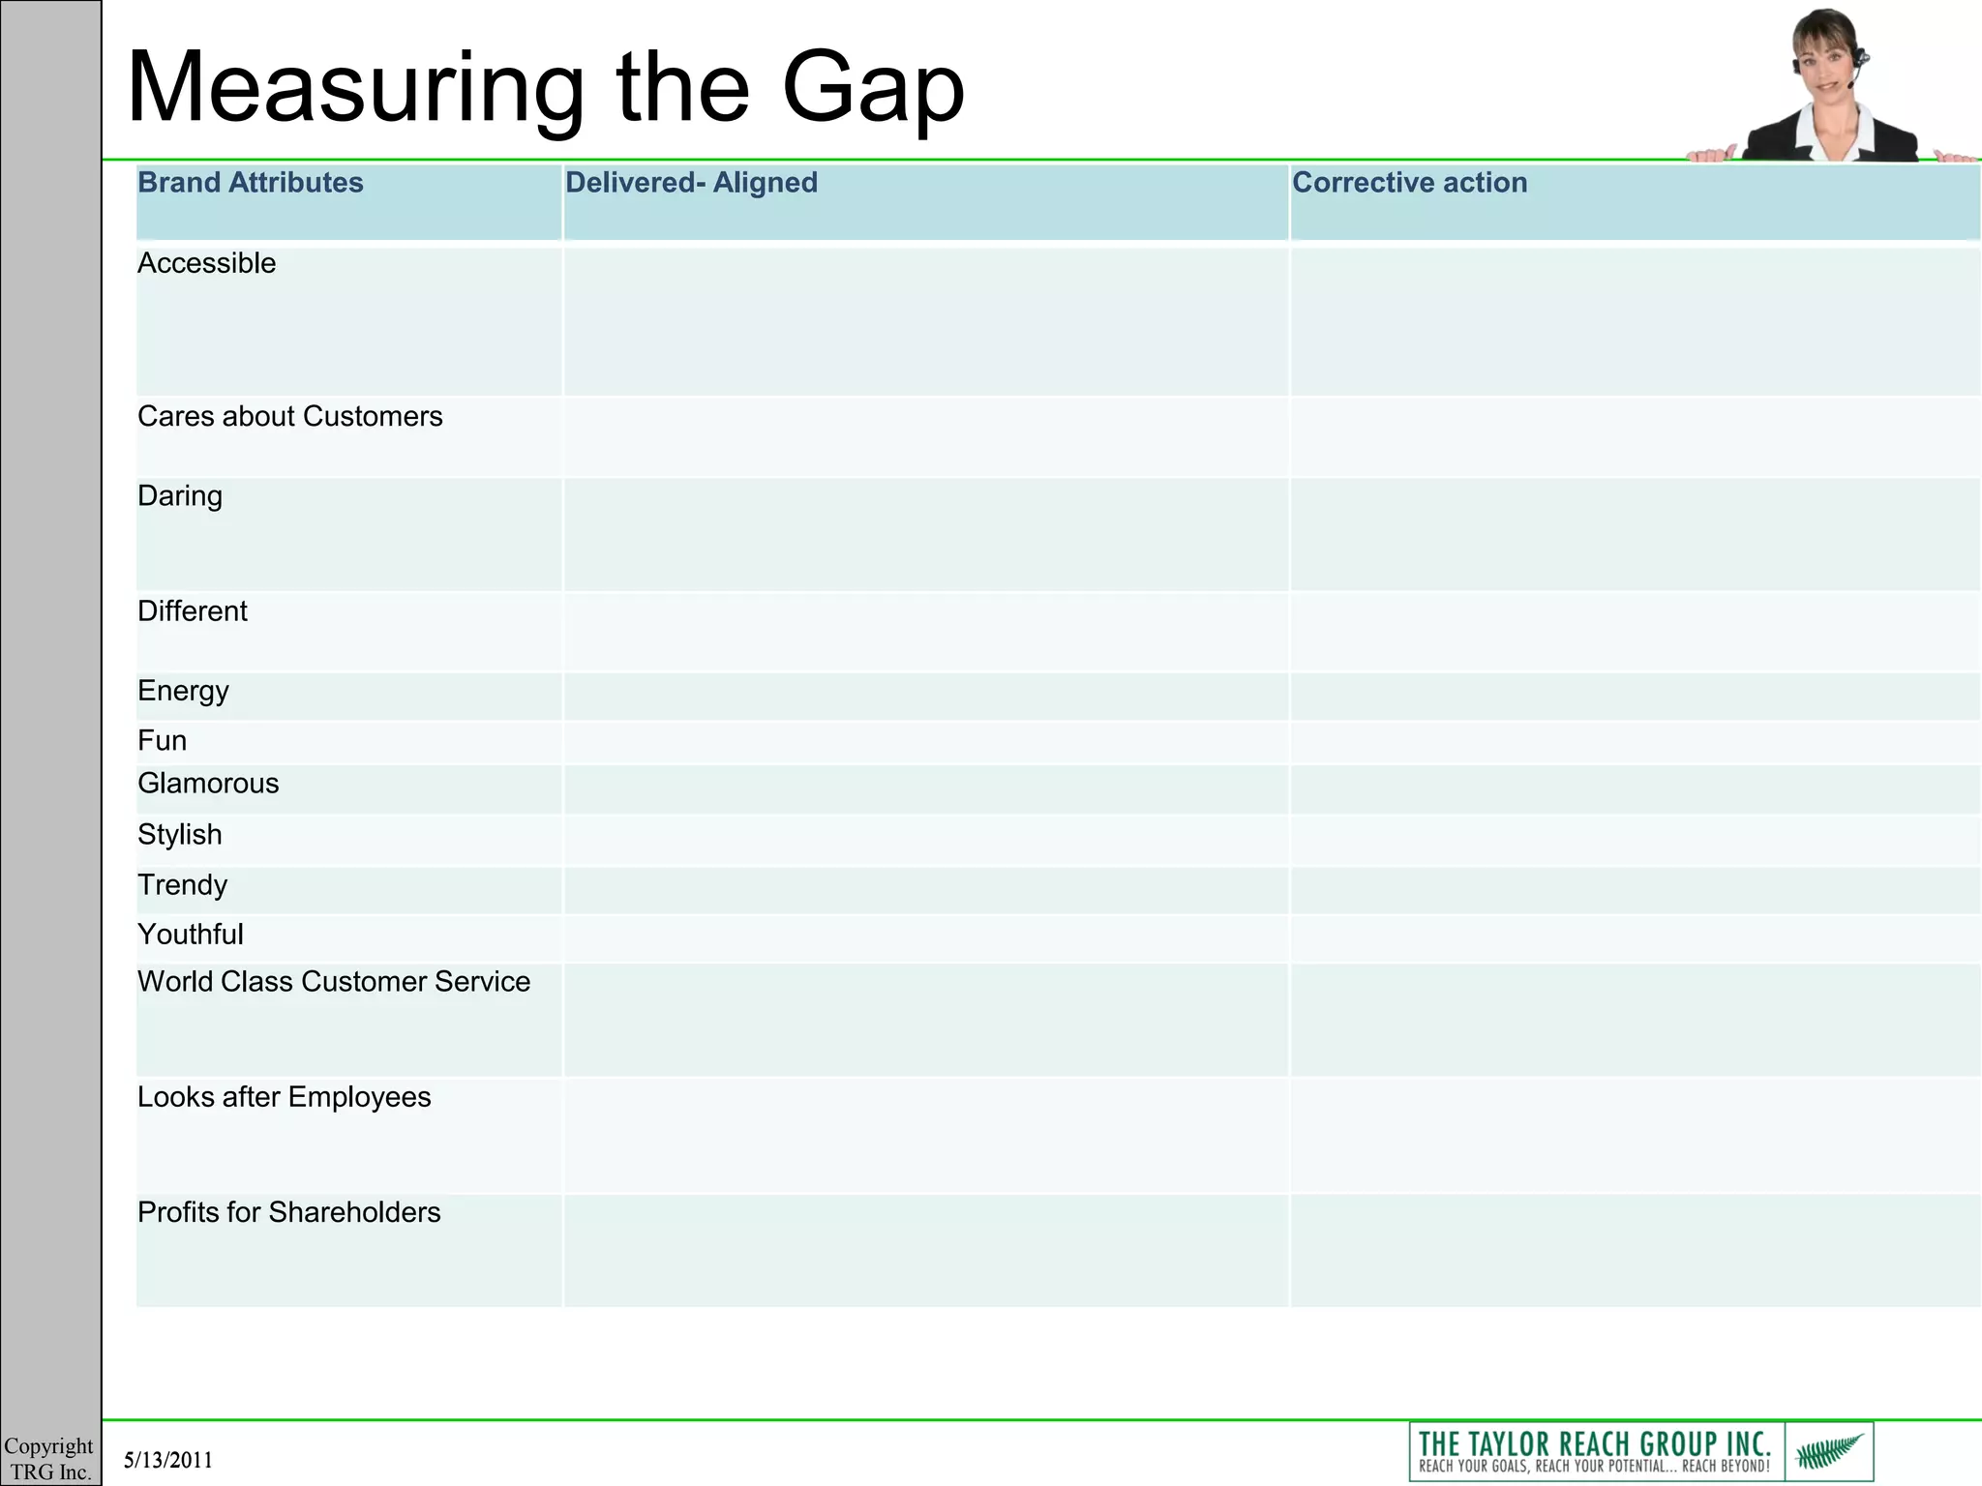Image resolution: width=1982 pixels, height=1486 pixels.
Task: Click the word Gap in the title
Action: click(x=873, y=89)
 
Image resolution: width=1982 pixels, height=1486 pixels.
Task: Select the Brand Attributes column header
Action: click(x=250, y=183)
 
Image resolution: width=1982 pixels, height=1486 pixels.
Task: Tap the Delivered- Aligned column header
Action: click(x=691, y=183)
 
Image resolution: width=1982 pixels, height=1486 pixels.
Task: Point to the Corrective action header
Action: click(x=1409, y=183)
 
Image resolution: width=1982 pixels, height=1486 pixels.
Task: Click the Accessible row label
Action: click(x=206, y=263)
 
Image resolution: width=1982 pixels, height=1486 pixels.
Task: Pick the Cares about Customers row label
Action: click(x=289, y=416)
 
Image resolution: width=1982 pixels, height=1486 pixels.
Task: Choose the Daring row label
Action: click(x=180, y=496)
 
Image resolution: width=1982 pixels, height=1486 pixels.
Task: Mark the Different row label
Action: click(x=193, y=611)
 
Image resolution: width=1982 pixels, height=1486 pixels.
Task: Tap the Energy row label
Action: click(x=183, y=691)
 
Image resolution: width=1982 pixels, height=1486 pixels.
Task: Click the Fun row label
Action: click(x=162, y=741)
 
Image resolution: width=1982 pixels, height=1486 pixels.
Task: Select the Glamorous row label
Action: click(x=208, y=784)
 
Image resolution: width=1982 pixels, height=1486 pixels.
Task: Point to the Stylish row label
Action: click(x=180, y=834)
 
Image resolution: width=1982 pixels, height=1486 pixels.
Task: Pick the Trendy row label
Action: click(x=182, y=885)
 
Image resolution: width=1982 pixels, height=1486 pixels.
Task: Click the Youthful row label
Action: click(x=191, y=935)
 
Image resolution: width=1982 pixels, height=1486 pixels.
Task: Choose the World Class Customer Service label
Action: click(x=334, y=982)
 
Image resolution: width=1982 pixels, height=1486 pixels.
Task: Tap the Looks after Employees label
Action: click(x=284, y=1097)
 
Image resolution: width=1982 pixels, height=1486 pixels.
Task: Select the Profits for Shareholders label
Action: click(x=288, y=1212)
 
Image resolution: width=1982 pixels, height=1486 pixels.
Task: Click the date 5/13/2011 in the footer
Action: click(x=168, y=1460)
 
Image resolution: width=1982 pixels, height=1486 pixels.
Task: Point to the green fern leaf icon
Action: click(x=1829, y=1451)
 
